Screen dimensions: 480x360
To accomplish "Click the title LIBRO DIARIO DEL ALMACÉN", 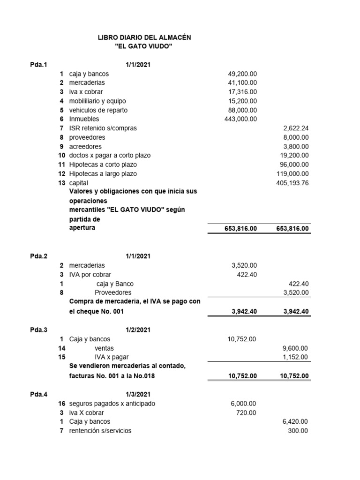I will click(144, 37).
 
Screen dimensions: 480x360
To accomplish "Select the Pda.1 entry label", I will click(39, 65).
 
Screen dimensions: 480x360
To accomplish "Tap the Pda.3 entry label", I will click(39, 330).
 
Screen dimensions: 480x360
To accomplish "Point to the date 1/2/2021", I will click(138, 330).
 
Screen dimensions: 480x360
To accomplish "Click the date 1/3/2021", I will click(138, 394).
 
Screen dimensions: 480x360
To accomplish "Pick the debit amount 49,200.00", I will click(242, 74).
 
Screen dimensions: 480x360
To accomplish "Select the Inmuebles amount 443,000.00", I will click(240, 119).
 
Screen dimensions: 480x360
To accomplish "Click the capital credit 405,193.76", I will click(292, 183).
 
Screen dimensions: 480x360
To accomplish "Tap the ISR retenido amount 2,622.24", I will click(296, 128).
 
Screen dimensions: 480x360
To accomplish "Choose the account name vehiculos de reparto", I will click(98, 110).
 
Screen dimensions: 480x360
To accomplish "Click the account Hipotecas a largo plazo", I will click(103, 174).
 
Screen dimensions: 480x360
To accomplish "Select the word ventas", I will click(104, 348).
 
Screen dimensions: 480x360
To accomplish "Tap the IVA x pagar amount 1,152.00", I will click(296, 357).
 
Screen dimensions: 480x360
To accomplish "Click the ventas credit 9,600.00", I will click(296, 348).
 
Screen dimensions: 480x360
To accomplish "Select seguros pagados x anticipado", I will click(112, 404).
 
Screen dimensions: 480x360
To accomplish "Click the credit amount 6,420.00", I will click(296, 422).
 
